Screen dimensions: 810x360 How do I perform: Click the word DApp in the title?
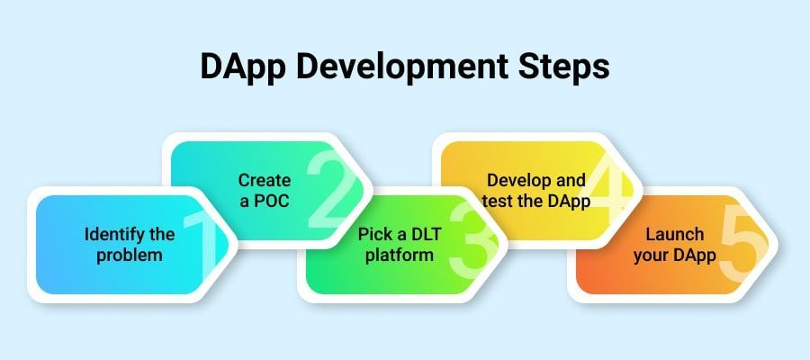(243, 68)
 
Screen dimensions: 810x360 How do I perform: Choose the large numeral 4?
(606, 191)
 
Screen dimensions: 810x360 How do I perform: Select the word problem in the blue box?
(130, 256)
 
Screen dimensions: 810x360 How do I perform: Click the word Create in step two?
(265, 180)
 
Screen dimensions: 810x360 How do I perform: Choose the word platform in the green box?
(400, 256)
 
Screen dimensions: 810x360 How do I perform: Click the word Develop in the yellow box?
(517, 181)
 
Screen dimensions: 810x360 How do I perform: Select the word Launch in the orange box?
(675, 235)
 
